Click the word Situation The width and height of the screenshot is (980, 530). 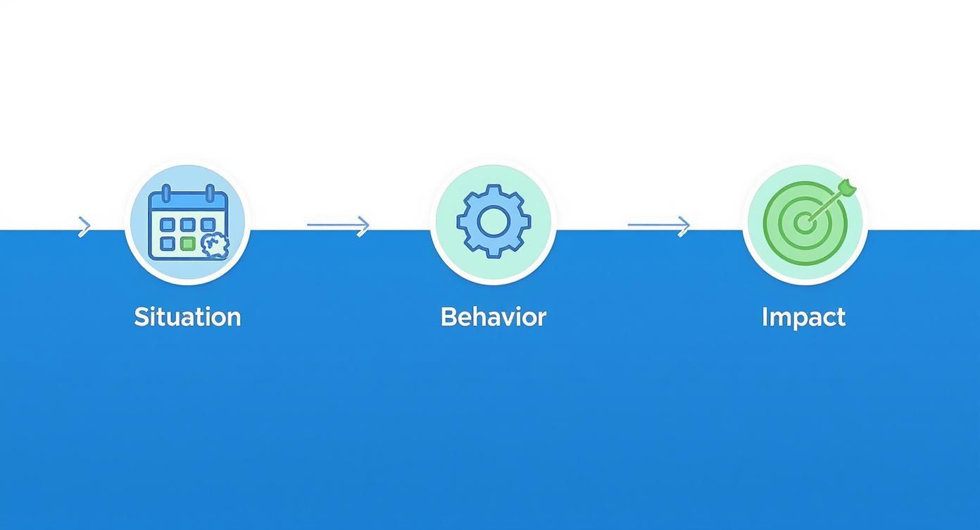[187, 317]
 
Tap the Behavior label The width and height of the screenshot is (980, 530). [493, 317]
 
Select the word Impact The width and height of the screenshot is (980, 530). [803, 317]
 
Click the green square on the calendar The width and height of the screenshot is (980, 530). [187, 244]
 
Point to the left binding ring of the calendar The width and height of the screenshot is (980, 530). [166, 192]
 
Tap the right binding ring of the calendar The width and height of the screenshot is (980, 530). [209, 192]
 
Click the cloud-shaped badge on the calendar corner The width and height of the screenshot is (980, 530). [215, 245]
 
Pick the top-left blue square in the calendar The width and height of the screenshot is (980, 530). [168, 225]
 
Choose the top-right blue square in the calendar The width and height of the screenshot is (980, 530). [208, 225]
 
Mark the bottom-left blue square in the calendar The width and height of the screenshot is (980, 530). [168, 244]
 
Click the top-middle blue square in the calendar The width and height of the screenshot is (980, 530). [187, 225]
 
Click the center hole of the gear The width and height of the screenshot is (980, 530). [493, 221]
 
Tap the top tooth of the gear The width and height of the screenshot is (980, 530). [493, 191]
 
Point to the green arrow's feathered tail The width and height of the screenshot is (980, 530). [847, 187]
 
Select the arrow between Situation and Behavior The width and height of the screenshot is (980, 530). [338, 226]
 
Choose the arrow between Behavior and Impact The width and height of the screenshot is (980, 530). [659, 226]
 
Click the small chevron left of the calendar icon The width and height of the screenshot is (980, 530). [84, 226]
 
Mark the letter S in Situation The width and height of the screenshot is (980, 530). [141, 317]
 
